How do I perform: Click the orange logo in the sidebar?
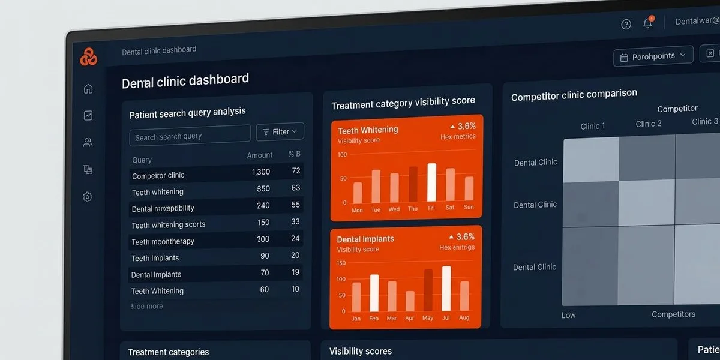tap(88, 57)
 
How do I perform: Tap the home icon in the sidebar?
tap(88, 89)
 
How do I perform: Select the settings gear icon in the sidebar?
tap(88, 197)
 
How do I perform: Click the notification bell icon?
tap(647, 23)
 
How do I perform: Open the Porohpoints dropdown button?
tap(653, 56)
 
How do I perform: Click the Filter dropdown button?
tap(280, 131)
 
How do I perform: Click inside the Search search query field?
tap(190, 136)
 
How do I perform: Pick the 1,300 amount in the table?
tap(261, 172)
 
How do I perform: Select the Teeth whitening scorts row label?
tap(169, 225)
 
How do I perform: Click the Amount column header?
tap(260, 155)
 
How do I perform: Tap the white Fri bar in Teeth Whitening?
tap(431, 182)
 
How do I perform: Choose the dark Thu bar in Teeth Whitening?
tap(413, 184)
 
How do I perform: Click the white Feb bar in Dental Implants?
tap(374, 293)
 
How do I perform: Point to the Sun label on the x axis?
tap(469, 208)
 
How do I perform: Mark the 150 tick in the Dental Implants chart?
tap(341, 263)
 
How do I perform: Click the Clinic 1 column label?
tap(593, 126)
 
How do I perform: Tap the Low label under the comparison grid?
tap(569, 315)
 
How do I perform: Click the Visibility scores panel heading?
tap(361, 351)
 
